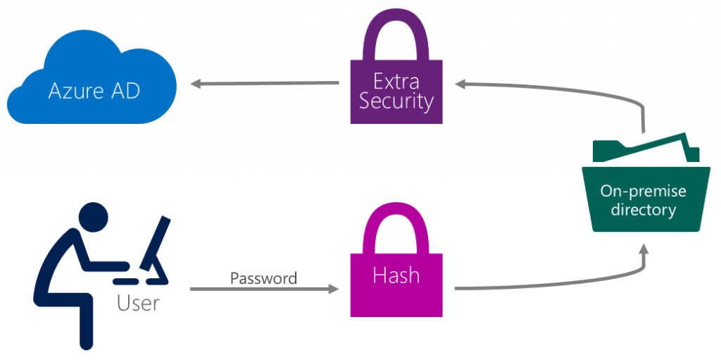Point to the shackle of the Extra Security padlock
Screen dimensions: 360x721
396,32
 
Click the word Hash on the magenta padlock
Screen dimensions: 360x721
396,275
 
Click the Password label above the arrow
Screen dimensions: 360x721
264,278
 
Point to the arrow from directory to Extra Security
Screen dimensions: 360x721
563,89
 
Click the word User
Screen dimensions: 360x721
138,303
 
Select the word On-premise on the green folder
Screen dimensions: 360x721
642,191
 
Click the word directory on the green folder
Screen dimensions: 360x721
642,209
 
